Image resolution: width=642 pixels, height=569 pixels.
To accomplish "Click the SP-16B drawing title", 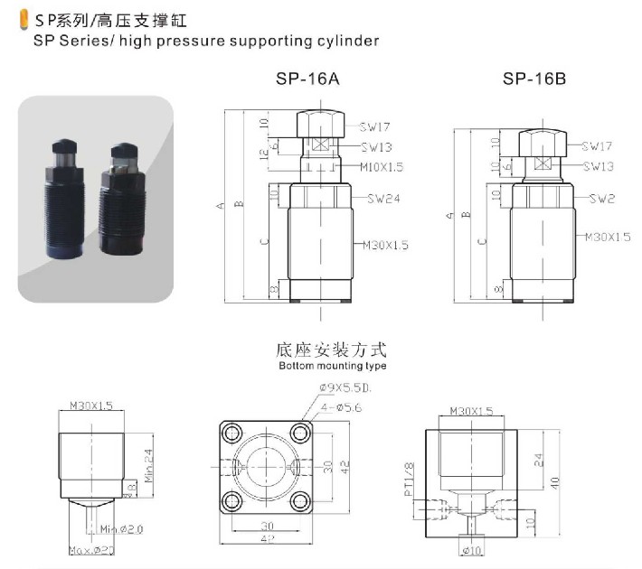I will point(534,79).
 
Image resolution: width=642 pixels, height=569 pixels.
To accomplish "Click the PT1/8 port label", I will point(409,480).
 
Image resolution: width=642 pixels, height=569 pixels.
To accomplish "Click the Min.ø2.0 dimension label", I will point(122,527).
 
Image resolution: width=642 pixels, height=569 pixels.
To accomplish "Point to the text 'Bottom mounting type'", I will point(332,367).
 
